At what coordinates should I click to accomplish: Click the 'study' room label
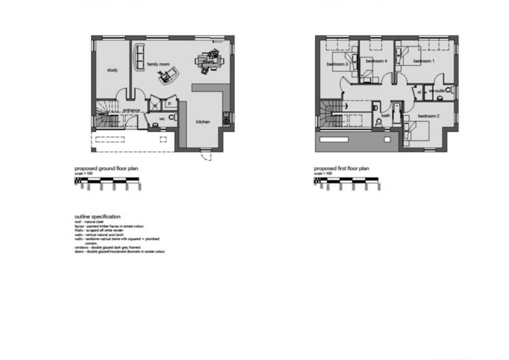[x=112, y=70]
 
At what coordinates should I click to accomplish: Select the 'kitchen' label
[x=202, y=122]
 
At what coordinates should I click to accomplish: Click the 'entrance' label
[x=132, y=110]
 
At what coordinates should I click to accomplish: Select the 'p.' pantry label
[x=170, y=103]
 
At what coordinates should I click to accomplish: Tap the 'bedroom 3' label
[x=337, y=64]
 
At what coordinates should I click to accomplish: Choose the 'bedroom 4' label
[x=376, y=61]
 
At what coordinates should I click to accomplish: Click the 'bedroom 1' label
[x=424, y=61]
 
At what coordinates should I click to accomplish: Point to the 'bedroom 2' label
[x=428, y=116]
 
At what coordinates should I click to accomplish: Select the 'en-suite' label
[x=436, y=92]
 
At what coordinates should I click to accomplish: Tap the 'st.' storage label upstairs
[x=419, y=92]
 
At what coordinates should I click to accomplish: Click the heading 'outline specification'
[x=97, y=217]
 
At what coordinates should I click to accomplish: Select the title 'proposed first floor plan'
[x=341, y=169]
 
